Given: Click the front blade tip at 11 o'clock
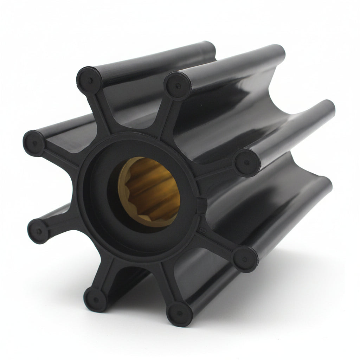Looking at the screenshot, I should click(x=89, y=80).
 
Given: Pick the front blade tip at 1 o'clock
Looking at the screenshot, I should click(x=178, y=85).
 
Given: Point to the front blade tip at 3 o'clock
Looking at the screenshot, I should click(x=247, y=162).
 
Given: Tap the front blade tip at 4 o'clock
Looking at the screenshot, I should click(x=245, y=259).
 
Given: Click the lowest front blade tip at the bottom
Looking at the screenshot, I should click(x=179, y=314).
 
